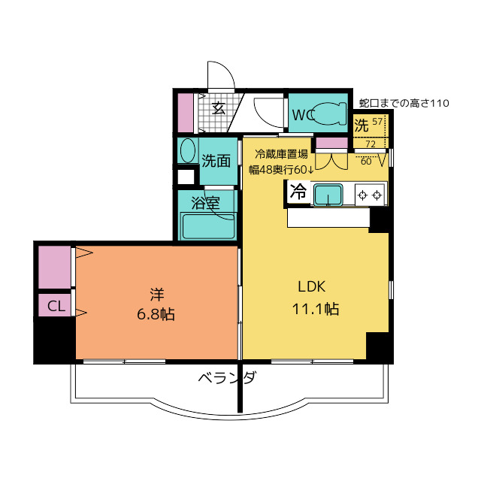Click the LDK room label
pyautogui.click(x=312, y=286)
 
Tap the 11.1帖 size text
pyautogui.click(x=316, y=309)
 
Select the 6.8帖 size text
pyautogui.click(x=156, y=314)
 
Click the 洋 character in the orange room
pyautogui.click(x=157, y=294)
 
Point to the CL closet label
pyautogui.click(x=56, y=306)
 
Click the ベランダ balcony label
pyautogui.click(x=227, y=377)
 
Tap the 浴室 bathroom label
pyautogui.click(x=205, y=203)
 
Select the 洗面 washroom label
pyautogui.click(x=216, y=161)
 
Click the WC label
pyautogui.click(x=303, y=115)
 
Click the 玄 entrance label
pyautogui.click(x=219, y=107)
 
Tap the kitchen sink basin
pyautogui.click(x=328, y=195)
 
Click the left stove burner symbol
pyautogui.click(x=362, y=195)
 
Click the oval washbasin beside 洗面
pyautogui.click(x=189, y=150)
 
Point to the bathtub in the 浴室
pyautogui.click(x=208, y=226)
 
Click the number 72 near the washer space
pyautogui.click(x=371, y=144)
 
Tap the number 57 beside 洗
pyautogui.click(x=377, y=122)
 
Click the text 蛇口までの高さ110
pyautogui.click(x=404, y=104)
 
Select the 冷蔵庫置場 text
pyautogui.click(x=281, y=154)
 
